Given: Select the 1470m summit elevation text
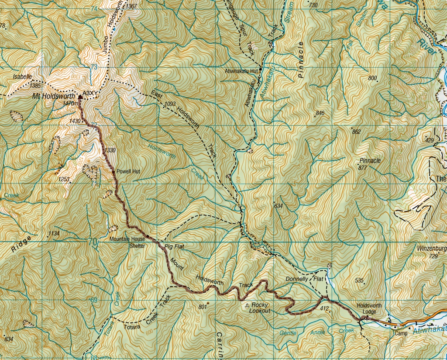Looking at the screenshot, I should coord(70,104).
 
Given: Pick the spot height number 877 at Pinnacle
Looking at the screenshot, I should coord(362,168).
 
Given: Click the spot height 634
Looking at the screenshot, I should coord(279,206).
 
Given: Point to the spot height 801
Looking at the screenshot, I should coord(202,307).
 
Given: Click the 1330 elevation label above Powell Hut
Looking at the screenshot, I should coord(110,150).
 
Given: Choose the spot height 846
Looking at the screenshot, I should coord(320,113).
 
